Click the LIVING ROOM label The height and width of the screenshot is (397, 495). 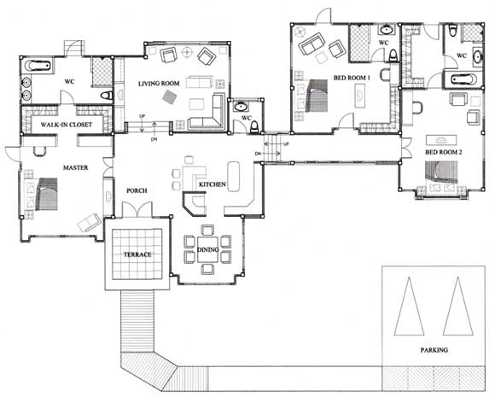point(159,84)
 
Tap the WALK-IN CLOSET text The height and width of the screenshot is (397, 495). point(67,125)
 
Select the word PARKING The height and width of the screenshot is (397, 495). point(434,350)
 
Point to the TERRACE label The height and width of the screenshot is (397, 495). point(137,254)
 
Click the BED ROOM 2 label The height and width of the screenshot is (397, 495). point(444,152)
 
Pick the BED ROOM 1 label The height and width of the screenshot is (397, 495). point(352,78)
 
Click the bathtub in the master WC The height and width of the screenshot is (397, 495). point(38,66)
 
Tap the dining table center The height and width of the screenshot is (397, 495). point(207,249)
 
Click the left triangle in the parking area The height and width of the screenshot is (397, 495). point(409,307)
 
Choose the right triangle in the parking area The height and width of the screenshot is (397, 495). point(457,307)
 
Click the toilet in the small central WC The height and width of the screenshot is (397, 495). point(254,127)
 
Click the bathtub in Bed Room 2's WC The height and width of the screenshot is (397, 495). point(463,79)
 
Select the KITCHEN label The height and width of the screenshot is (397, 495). point(213,184)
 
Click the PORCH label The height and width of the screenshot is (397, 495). point(137,190)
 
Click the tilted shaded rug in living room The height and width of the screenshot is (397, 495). point(169,96)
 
